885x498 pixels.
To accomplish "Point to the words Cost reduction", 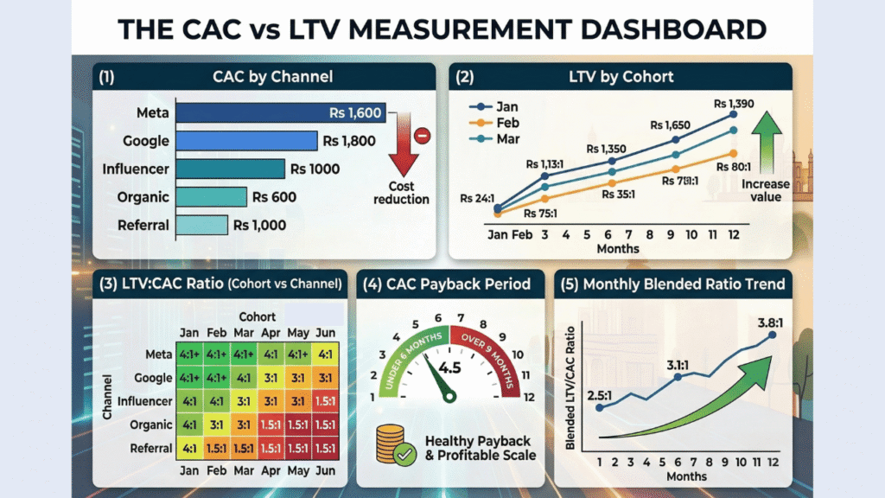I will tap(401, 193).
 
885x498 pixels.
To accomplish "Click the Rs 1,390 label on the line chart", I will tap(733, 103).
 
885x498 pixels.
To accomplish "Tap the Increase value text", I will tap(766, 190).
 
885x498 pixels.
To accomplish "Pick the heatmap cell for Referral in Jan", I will tap(188, 448).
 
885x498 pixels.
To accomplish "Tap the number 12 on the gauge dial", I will tap(527, 397).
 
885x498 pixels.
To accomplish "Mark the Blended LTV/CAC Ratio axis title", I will tap(571, 385).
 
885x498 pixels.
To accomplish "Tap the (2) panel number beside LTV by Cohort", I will tap(464, 77).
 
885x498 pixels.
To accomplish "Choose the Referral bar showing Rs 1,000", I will tap(202, 225).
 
